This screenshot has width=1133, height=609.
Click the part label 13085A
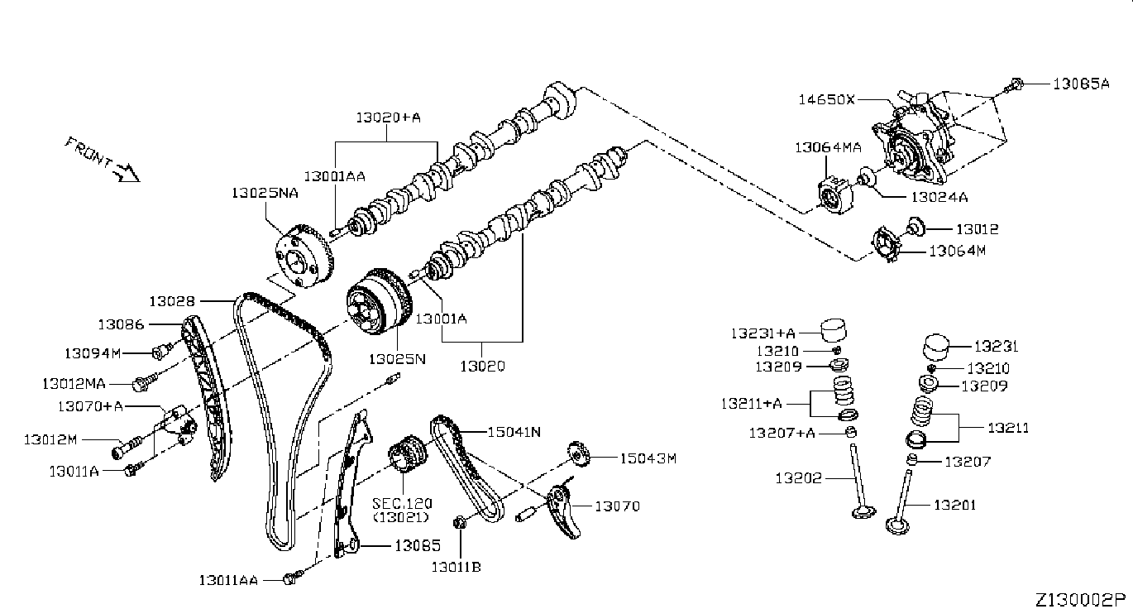pos(1081,83)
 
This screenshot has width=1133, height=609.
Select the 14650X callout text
pos(826,99)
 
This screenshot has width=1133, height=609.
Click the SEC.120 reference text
pos(401,503)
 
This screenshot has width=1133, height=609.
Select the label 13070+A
pos(90,405)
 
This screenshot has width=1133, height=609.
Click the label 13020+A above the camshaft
pos(389,118)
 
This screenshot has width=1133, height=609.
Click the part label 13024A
pos(939,197)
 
